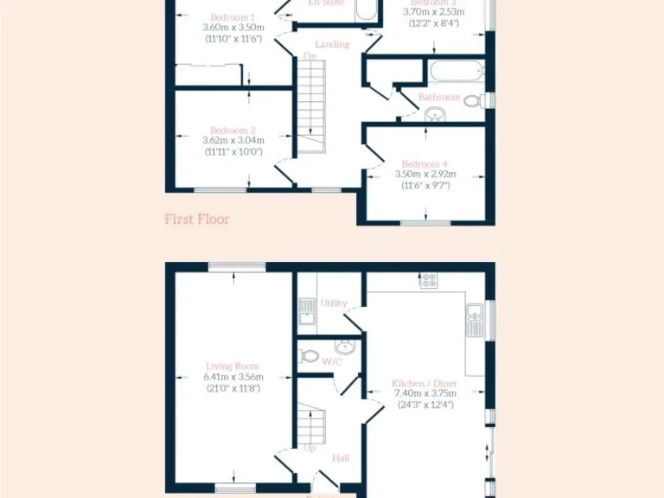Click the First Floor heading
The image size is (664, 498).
coord(197,220)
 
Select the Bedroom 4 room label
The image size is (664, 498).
coord(425,163)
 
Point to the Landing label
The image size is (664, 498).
coord(333,44)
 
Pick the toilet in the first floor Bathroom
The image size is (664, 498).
coord(473,101)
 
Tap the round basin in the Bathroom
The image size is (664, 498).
coord(433,116)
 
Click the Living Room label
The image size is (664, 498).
coord(233,366)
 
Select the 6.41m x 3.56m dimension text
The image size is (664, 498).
coord(233,377)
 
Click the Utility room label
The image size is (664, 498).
coord(334,303)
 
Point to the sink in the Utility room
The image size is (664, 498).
coord(307,310)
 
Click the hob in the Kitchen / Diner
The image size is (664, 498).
coord(428,280)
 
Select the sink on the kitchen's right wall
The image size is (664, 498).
coord(474,321)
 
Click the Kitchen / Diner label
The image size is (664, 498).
coord(425,382)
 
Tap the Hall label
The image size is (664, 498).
coord(341,457)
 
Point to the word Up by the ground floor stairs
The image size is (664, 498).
coord(310,449)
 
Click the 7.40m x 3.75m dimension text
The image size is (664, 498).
coord(425,393)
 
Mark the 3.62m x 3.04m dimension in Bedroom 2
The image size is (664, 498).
coord(233,140)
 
